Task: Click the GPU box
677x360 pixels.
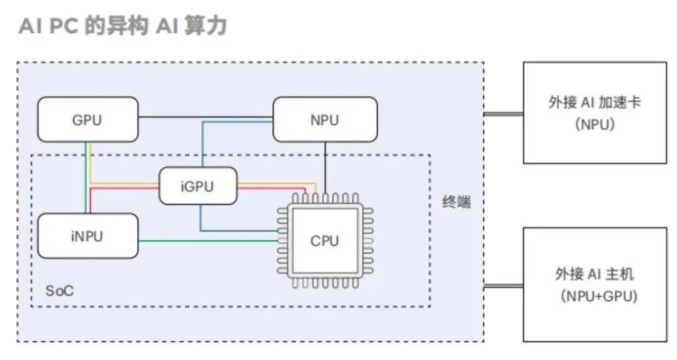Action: pyautogui.click(x=87, y=120)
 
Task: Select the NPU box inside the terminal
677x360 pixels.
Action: pyautogui.click(x=325, y=120)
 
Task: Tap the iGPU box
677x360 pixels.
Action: pyautogui.click(x=198, y=185)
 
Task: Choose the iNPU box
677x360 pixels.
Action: pyautogui.click(x=88, y=235)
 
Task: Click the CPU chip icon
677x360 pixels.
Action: pyautogui.click(x=324, y=240)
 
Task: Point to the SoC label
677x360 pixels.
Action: pyautogui.click(x=60, y=291)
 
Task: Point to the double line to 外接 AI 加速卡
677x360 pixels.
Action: pyautogui.click(x=504, y=114)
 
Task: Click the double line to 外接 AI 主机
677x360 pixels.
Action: pyautogui.click(x=504, y=286)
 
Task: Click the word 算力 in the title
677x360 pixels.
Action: pyautogui.click(x=209, y=26)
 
